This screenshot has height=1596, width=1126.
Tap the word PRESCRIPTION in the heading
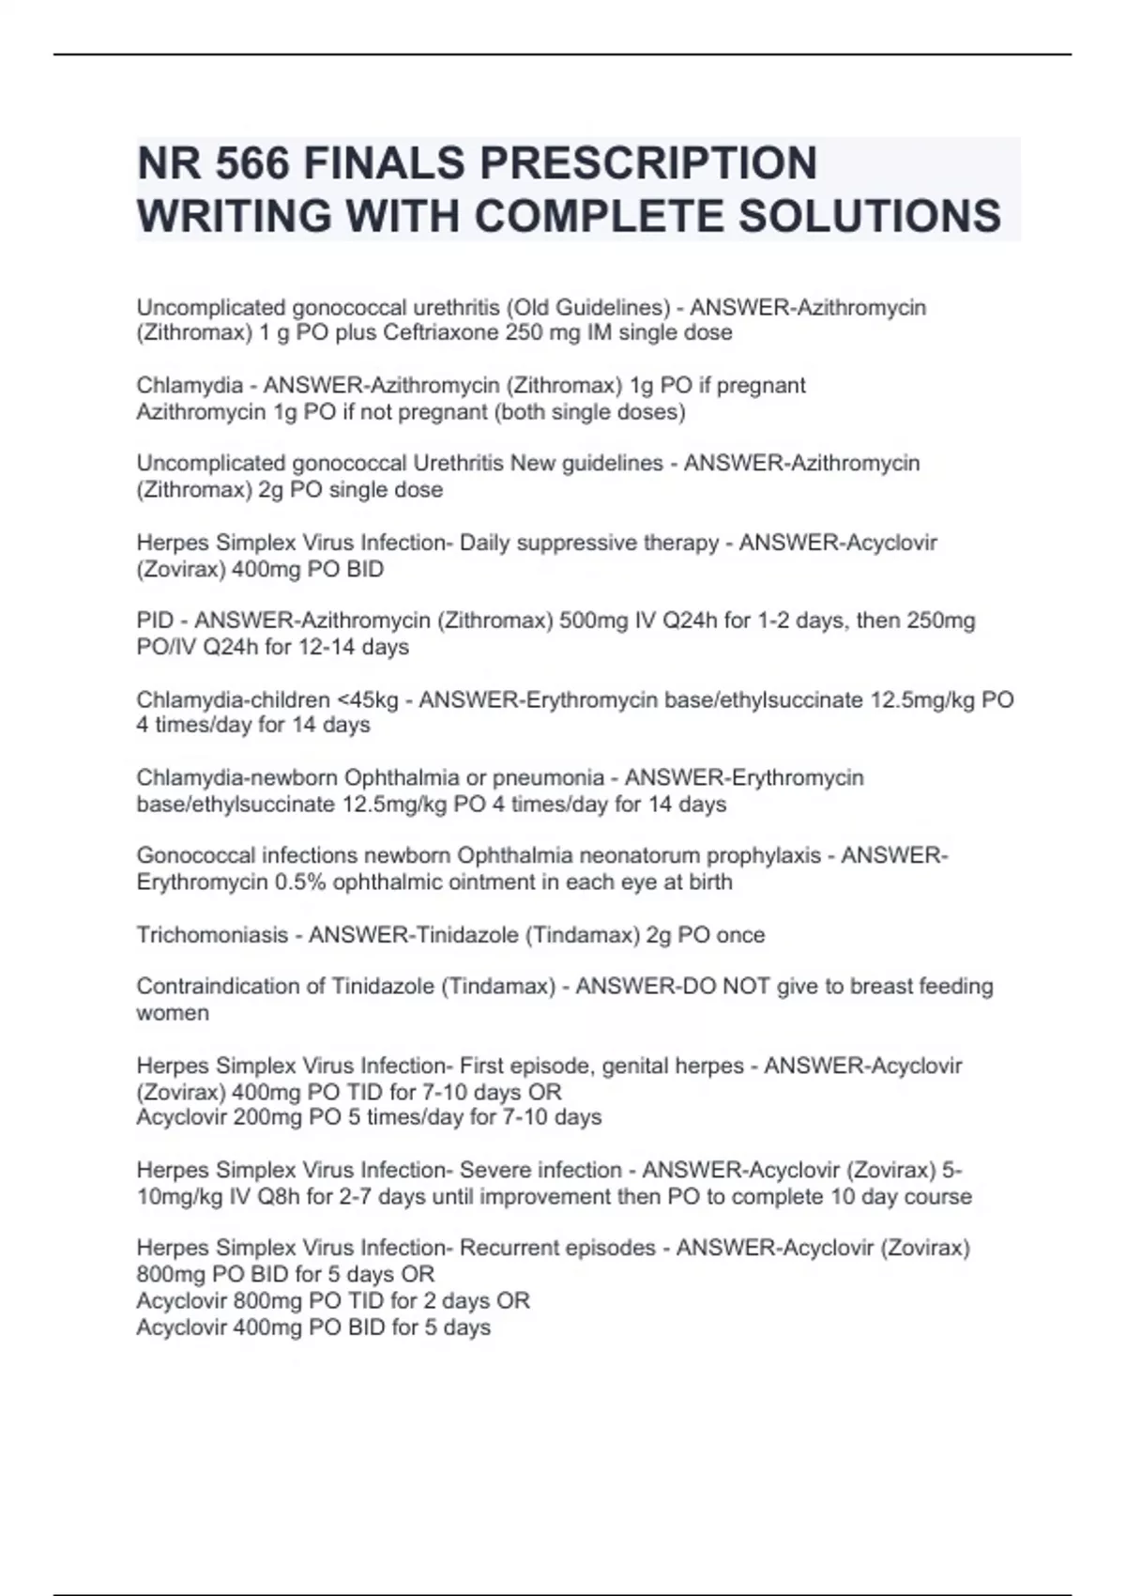pyautogui.click(x=648, y=163)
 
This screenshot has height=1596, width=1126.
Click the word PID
pyautogui.click(x=156, y=621)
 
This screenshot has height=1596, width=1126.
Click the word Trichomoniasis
pyautogui.click(x=212, y=935)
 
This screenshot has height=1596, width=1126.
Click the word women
pyautogui.click(x=173, y=1013)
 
